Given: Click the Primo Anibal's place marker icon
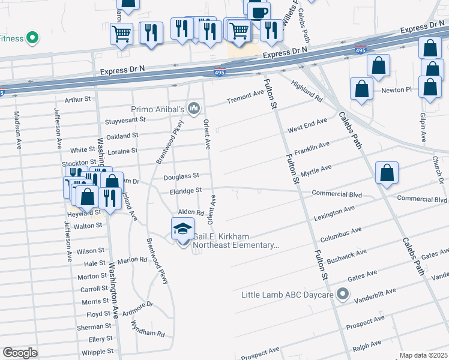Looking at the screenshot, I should pos(193,109).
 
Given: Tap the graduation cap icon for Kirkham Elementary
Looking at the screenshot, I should pos(182,229).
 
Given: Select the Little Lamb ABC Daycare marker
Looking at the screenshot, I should pos(343,294).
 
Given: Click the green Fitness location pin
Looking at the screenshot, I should pos(32,39).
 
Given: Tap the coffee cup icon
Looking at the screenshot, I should pos(259,13).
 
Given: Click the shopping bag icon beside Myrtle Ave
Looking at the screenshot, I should pos(387,173).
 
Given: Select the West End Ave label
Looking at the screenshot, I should pos(307,125).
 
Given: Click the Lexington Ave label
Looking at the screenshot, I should pos(334,213).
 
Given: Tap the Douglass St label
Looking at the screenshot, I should pos(181,176).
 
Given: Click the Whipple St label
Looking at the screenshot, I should pos(93,352).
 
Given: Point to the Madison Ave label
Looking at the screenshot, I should pos(17,128).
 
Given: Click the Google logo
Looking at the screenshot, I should pos(20,352).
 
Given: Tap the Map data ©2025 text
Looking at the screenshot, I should pos(423,355).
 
